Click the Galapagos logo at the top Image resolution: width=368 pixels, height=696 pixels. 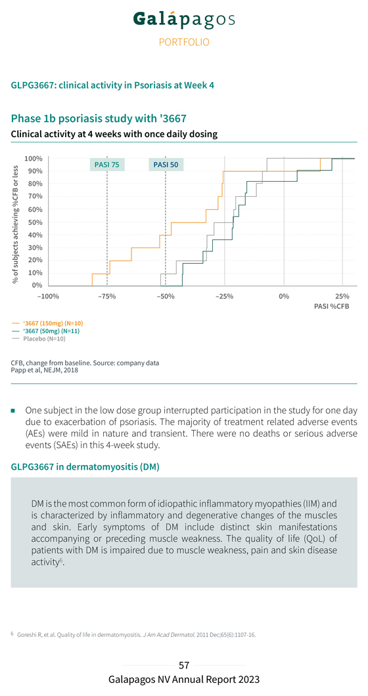(x=184, y=20)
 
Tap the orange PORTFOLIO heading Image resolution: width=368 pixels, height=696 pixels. (x=184, y=43)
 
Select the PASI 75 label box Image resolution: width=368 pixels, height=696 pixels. (x=107, y=165)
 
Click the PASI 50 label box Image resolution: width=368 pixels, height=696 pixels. (x=166, y=165)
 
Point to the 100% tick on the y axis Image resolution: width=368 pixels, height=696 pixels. (x=34, y=159)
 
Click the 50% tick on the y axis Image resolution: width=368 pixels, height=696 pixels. (x=35, y=222)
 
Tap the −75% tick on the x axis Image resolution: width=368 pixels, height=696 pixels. (x=107, y=296)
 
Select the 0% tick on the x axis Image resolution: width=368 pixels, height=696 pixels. (x=283, y=296)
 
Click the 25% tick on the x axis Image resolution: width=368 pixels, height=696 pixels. (x=342, y=296)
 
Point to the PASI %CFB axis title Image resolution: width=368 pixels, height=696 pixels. (x=331, y=306)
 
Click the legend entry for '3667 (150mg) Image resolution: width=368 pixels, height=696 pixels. (x=47, y=323)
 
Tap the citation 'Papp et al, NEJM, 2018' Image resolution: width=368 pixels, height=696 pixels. (x=45, y=370)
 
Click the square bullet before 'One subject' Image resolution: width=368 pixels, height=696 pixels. (x=13, y=410)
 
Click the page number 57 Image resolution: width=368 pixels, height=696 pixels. (x=184, y=665)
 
